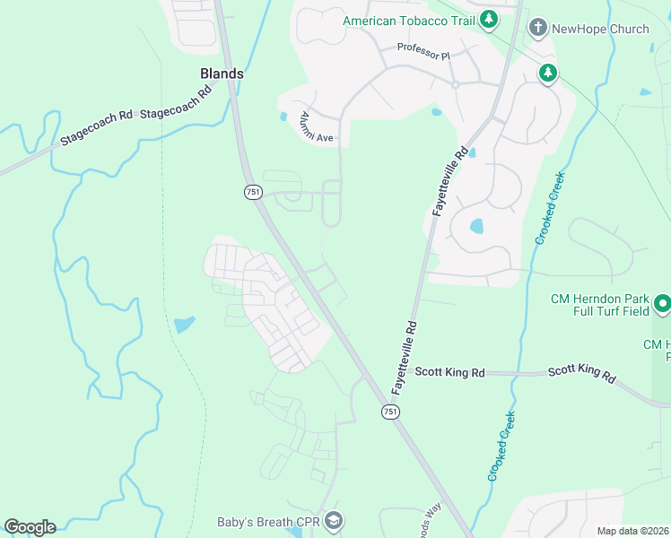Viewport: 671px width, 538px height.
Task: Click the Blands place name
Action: tap(222, 74)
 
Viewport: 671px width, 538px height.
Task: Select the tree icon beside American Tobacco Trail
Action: tap(488, 19)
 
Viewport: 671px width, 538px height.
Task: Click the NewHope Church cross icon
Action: tap(537, 28)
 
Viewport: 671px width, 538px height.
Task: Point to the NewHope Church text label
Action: tap(599, 29)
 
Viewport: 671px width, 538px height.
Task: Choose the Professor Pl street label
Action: tap(423, 54)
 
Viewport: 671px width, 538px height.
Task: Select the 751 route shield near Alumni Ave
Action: tap(252, 192)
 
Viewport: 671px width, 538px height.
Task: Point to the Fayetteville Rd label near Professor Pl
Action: tap(451, 180)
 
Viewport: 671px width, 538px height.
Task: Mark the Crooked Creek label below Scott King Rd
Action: tap(502, 446)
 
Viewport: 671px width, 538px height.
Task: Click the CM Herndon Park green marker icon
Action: tap(662, 305)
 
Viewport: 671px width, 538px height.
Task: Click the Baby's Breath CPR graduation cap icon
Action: tap(334, 521)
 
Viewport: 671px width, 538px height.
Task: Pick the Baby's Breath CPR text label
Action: tap(268, 522)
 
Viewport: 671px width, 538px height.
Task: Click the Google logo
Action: tap(30, 527)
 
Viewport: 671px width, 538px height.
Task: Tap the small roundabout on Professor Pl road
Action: tap(455, 84)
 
